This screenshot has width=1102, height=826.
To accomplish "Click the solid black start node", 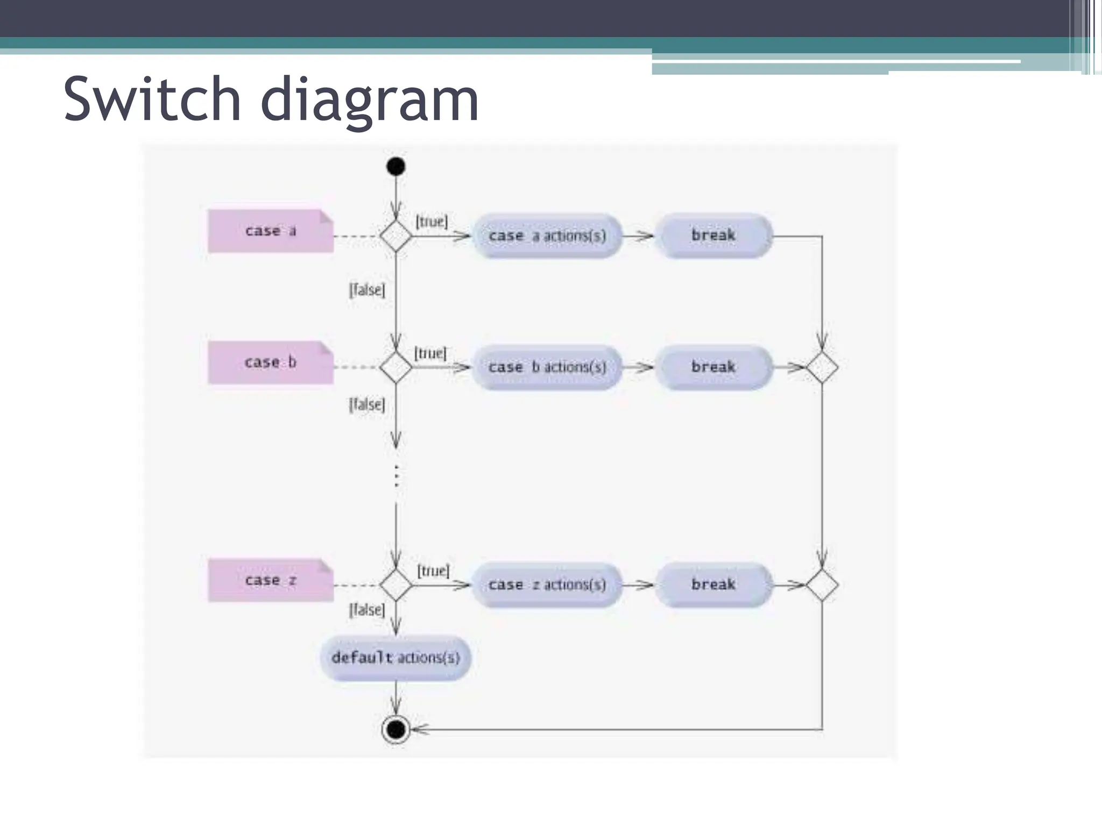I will click(x=395, y=166).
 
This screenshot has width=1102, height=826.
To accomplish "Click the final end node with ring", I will click(x=395, y=729).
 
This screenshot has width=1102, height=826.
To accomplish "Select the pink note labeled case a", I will click(x=271, y=231).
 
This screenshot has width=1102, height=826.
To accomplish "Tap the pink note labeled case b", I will click(x=271, y=362).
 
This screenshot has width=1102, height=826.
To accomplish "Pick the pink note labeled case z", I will click(x=271, y=580).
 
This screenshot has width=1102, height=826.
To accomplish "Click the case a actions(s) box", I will click(x=547, y=236).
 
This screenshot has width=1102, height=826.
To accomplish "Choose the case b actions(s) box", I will click(x=547, y=367).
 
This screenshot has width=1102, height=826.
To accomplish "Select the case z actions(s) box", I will click(x=547, y=585).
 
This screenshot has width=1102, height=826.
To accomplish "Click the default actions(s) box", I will click(x=395, y=658).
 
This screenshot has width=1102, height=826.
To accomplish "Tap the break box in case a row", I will click(x=714, y=236).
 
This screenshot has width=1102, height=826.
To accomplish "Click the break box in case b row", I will click(x=714, y=367).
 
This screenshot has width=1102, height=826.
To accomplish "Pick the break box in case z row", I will click(x=714, y=585).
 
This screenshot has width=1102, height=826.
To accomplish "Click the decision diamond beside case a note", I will click(x=395, y=236).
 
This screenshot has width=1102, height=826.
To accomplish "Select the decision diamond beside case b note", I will click(x=395, y=367).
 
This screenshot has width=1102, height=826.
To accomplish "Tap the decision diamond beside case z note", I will click(x=395, y=585).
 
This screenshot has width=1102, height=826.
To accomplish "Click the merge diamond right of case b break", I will click(x=822, y=368).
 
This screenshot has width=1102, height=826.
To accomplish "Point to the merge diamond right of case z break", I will click(x=822, y=585).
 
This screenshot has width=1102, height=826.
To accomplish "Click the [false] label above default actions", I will click(x=367, y=610).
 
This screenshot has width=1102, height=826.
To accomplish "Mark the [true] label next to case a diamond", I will click(x=431, y=222).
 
